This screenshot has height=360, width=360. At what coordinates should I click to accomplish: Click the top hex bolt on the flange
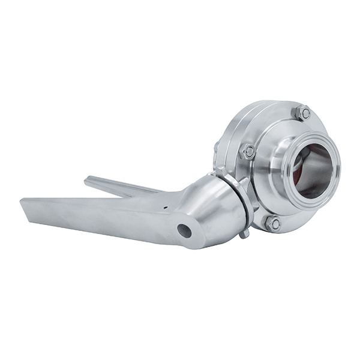point(302,112)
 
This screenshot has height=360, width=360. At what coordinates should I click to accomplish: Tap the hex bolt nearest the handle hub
point(247,152)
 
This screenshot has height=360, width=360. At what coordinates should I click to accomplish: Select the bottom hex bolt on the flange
point(274,223)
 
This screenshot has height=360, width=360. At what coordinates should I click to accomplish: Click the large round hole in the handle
point(184,230)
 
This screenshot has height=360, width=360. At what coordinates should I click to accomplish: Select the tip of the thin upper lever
point(88,179)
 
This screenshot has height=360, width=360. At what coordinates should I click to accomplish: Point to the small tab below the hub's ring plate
point(244,233)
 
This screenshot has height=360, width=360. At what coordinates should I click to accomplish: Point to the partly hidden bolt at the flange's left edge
point(217,146)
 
